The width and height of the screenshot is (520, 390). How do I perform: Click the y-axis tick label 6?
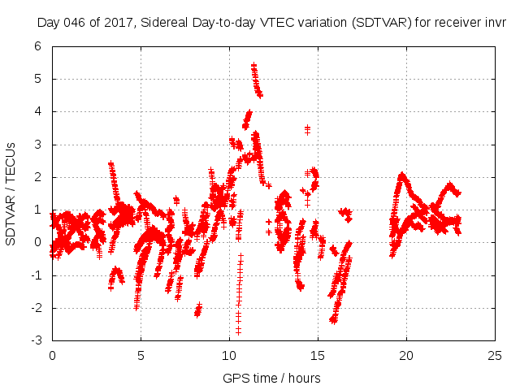click(x=37, y=46)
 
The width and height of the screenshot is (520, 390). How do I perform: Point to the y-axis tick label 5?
click(x=37, y=79)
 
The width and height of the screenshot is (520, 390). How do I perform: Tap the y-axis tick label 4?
click(x=37, y=111)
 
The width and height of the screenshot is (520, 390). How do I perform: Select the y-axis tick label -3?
click(x=36, y=340)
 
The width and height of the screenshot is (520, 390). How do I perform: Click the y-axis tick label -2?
click(x=36, y=308)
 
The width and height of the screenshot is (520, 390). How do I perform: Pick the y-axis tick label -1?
click(x=36, y=275)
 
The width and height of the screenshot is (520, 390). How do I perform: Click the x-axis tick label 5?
click(x=141, y=356)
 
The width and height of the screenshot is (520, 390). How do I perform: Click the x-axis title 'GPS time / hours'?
click(x=272, y=378)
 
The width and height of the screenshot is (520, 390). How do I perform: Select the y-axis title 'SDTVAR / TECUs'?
click(x=11, y=193)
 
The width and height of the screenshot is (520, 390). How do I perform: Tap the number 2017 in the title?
click(x=116, y=22)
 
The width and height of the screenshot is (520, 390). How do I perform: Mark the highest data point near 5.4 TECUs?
click(x=253, y=64)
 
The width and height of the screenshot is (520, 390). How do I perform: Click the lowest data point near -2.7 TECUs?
click(x=239, y=331)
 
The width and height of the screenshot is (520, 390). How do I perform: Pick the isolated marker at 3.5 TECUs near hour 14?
click(x=307, y=128)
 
